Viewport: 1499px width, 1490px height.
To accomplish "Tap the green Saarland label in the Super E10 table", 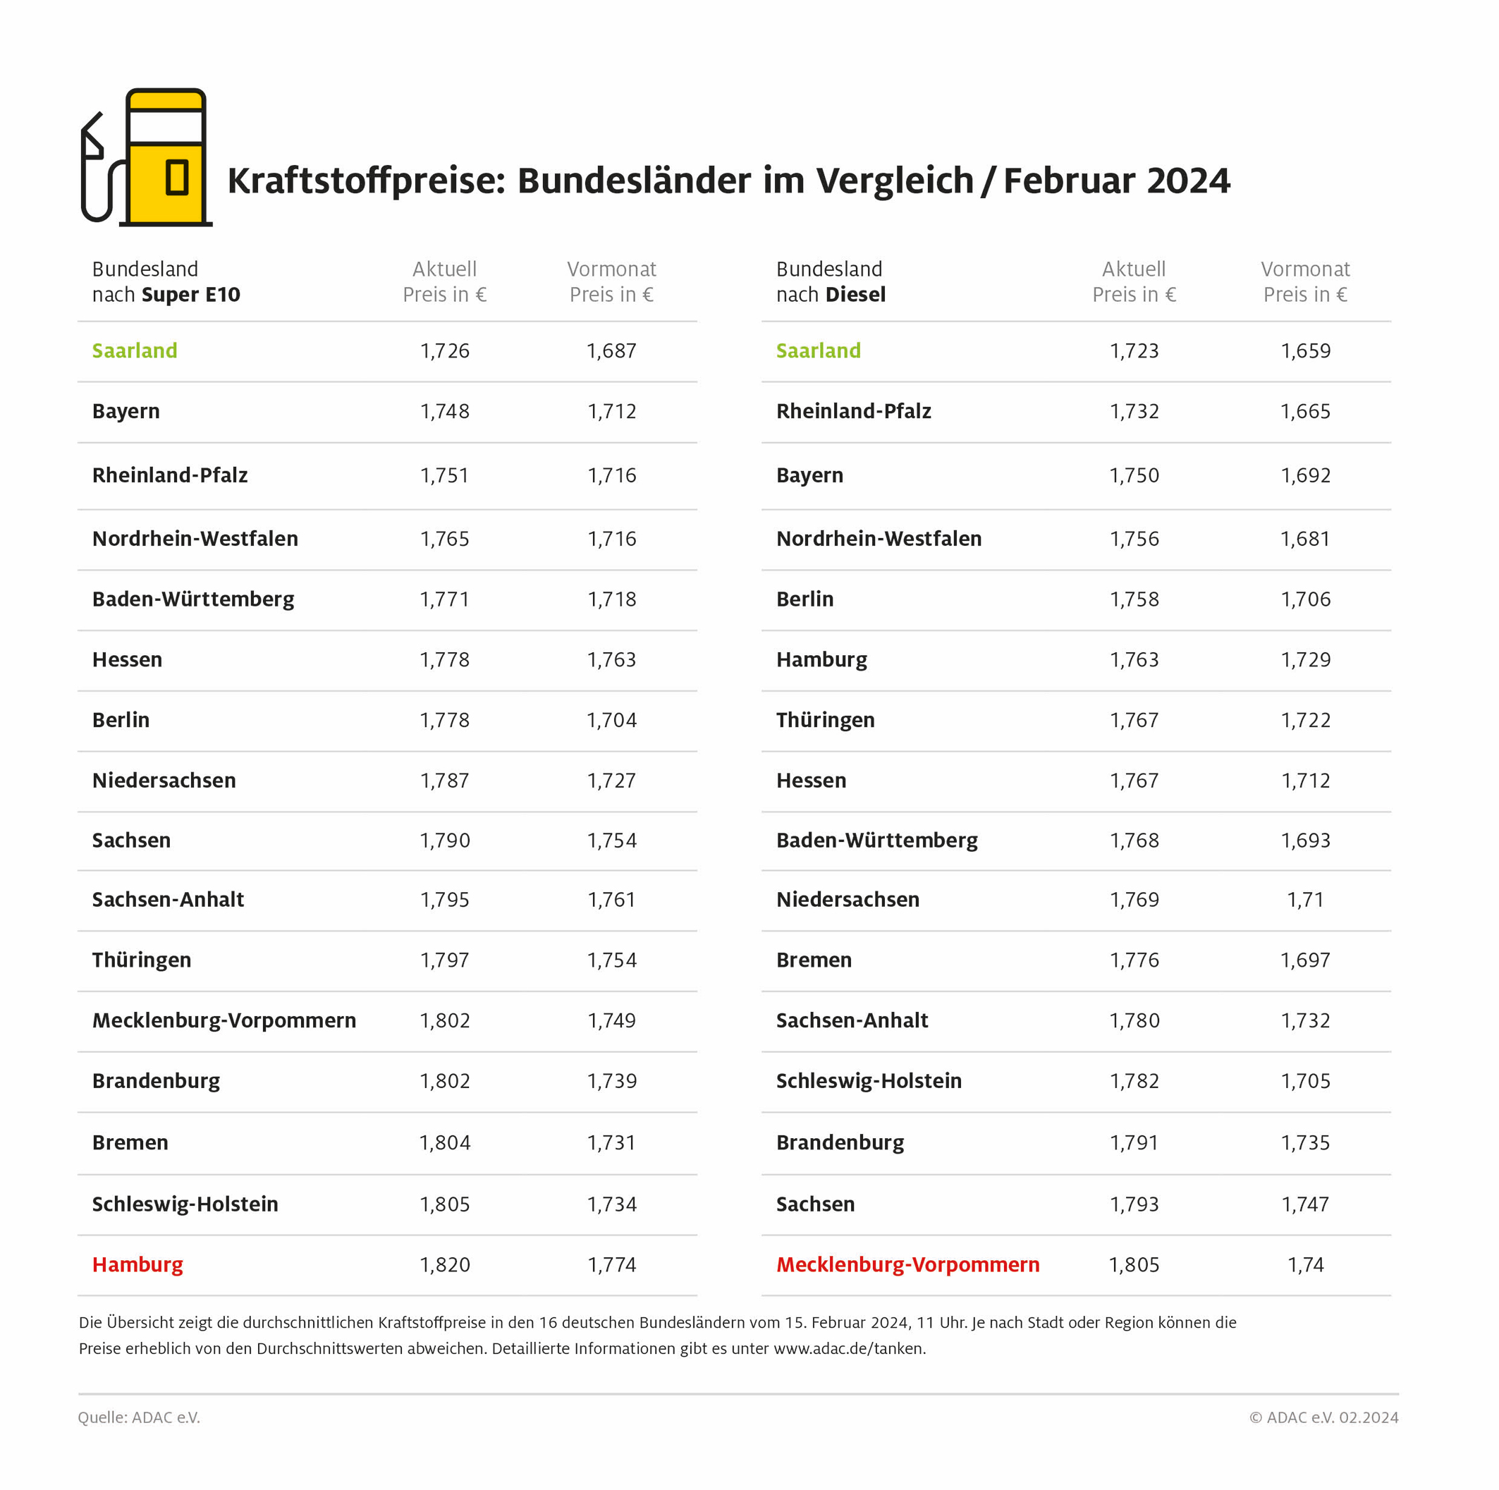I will [134, 350].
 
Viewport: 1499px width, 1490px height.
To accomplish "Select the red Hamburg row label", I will [137, 1264].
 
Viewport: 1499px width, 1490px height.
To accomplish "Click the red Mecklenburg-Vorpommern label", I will [907, 1264].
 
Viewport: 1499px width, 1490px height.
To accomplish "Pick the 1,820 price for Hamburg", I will [445, 1265].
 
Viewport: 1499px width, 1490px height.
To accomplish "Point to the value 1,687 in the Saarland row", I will [611, 350].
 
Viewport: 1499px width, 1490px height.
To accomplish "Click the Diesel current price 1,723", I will [1134, 350].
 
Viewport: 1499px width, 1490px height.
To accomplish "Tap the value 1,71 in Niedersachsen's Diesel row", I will [1305, 900].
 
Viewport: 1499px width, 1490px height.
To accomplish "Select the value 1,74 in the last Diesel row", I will [1305, 1265].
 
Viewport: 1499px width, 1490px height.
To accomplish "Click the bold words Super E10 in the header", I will [191, 295].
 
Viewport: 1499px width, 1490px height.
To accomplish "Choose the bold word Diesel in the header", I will [856, 295].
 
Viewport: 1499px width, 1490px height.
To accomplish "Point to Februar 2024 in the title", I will [1116, 181].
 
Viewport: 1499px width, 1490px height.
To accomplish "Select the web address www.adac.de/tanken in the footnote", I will [849, 1348].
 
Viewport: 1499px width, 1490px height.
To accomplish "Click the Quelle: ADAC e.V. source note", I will [139, 1417].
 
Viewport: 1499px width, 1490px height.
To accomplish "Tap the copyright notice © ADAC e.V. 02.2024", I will [1323, 1417].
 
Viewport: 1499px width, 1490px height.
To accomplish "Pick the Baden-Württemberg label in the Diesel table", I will [876, 840].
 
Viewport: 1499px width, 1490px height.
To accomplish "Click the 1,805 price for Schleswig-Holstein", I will [445, 1204].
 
